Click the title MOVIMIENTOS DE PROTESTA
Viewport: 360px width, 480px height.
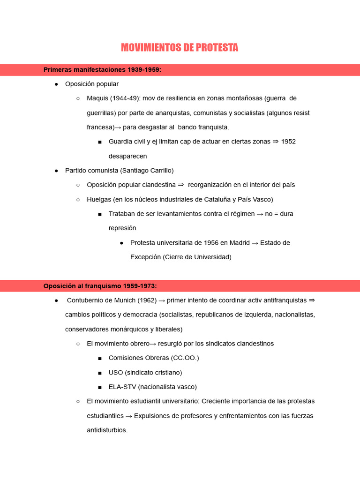coord(180,48)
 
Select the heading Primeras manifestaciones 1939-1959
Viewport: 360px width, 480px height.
coord(102,70)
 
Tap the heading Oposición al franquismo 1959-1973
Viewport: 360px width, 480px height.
coord(100,286)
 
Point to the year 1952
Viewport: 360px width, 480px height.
coord(288,142)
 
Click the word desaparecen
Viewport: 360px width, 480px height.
coord(127,156)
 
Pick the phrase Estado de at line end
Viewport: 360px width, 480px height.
coord(275,243)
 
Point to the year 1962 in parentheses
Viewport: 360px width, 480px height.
coord(145,300)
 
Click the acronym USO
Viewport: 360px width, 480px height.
coord(116,373)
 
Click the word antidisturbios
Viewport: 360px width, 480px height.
coord(107,430)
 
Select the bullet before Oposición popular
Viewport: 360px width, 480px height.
coord(56,84)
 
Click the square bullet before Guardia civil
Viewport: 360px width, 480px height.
coord(100,142)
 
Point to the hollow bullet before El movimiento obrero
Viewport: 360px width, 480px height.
coord(78,344)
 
